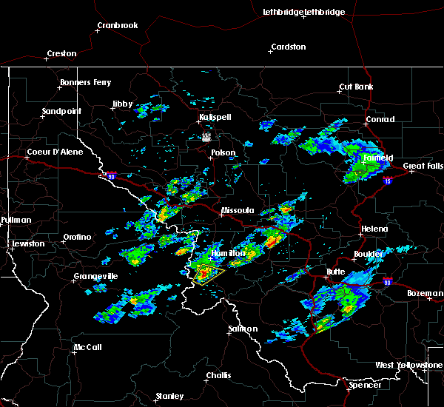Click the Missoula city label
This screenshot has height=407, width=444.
[239, 211]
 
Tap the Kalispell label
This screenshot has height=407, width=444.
[215, 118]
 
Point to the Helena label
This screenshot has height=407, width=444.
[374, 229]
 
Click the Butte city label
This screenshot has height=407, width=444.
[337, 272]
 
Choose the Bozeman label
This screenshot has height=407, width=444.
[425, 294]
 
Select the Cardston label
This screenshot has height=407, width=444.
[288, 47]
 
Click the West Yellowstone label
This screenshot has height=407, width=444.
[408, 366]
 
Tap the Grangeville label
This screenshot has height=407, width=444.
[95, 277]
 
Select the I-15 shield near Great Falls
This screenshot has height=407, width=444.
[386, 180]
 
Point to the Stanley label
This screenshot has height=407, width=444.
[169, 396]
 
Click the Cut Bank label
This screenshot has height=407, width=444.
[356, 87]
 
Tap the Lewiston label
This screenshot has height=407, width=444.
[28, 243]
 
